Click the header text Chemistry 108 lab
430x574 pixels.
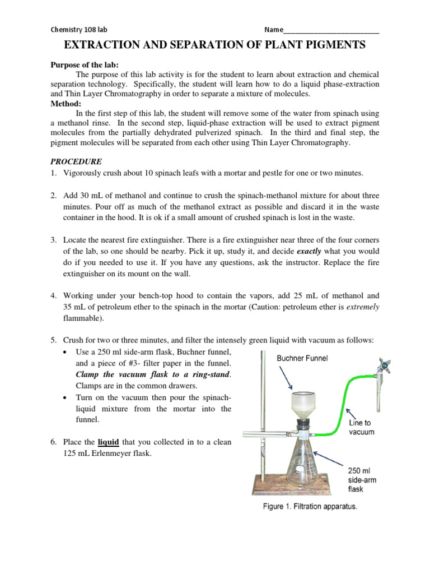pyautogui.click(x=79, y=30)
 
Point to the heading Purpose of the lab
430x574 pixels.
pyautogui.click(x=82, y=65)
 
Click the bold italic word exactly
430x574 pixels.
pyautogui.click(x=309, y=251)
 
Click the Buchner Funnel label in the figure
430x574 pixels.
pyautogui.click(x=302, y=357)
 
